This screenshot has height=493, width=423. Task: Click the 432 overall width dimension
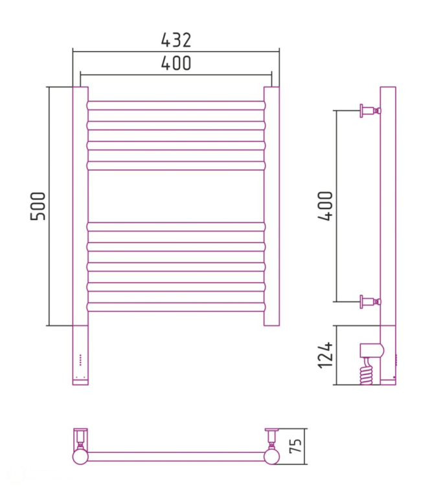click(176, 40)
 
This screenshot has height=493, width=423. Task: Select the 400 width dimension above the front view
click(176, 63)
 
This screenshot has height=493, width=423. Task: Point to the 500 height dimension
click(38, 206)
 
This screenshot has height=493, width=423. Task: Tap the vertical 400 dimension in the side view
click(325, 206)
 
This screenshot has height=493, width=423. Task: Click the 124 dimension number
click(325, 355)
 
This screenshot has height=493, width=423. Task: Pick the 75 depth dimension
click(295, 446)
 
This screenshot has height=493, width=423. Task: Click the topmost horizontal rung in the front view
click(176, 105)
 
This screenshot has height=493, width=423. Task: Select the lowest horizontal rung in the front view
click(176, 307)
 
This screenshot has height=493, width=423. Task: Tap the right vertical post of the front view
click(271, 206)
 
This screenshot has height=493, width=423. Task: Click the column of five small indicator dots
click(80, 360)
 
